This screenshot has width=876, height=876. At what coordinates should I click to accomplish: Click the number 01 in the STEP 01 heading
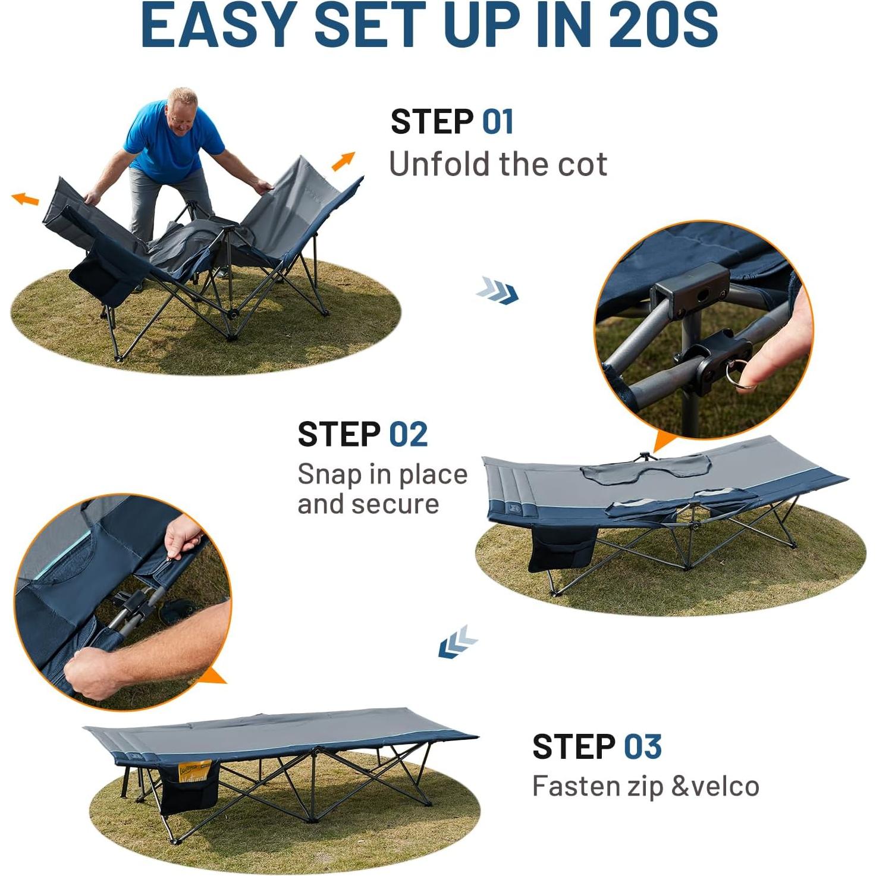[497, 122]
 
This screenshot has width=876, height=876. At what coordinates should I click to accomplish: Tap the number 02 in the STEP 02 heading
[408, 434]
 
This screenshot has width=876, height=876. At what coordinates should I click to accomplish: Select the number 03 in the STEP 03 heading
[642, 747]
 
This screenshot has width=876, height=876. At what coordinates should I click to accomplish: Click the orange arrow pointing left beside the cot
[26, 199]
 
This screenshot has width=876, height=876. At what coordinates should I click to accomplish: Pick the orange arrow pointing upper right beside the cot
[343, 161]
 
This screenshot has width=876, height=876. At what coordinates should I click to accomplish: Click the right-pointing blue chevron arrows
[497, 290]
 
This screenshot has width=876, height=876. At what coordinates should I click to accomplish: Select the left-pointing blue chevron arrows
[457, 643]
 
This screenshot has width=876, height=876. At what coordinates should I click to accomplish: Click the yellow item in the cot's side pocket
[195, 771]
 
